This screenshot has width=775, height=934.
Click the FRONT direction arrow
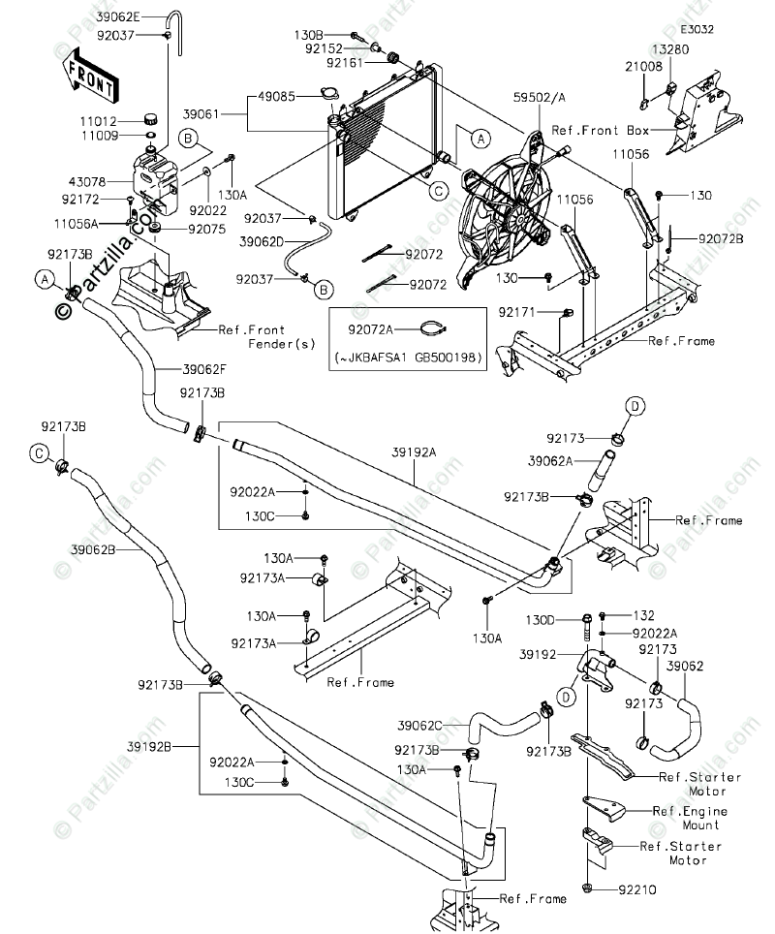point(90,75)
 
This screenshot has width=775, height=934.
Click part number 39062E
point(121,17)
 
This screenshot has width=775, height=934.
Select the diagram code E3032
point(697,29)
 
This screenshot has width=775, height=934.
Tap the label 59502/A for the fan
point(539,98)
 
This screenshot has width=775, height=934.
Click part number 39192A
point(414,452)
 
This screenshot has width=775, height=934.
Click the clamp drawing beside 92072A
point(434,327)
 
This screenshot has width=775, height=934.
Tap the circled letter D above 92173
point(635,406)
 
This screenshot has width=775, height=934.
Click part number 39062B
point(93,549)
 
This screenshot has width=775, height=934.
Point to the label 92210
point(637,889)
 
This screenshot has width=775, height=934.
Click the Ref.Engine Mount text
point(690,818)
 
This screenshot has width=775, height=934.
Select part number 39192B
point(149,746)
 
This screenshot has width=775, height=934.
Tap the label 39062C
point(420,725)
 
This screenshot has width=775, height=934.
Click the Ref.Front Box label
point(600,130)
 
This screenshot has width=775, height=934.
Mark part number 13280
point(670,50)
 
